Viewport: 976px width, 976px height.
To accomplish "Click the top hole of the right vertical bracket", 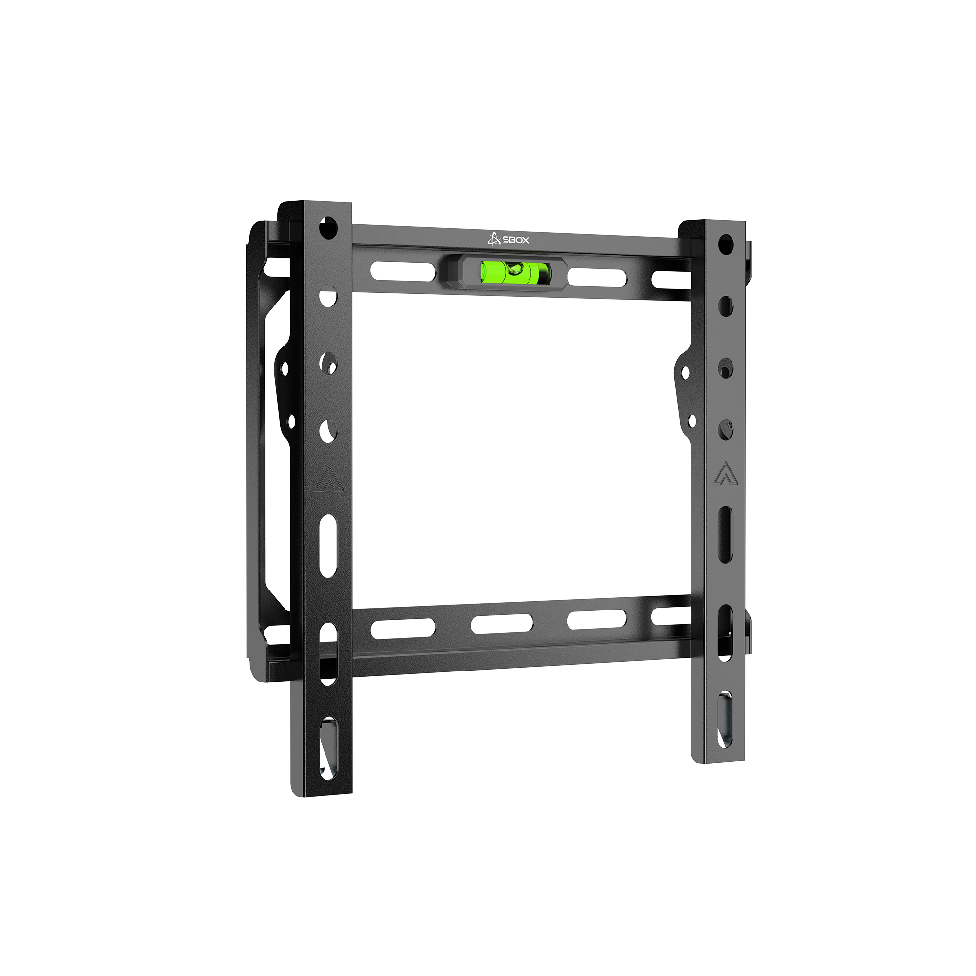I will point(726,245).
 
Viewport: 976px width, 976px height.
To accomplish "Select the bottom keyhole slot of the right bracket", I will point(725,717).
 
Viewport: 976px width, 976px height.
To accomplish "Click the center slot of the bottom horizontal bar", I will point(502,625).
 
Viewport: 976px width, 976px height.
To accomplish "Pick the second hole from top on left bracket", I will point(328,297).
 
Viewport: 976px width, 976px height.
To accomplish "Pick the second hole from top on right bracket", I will point(726,305).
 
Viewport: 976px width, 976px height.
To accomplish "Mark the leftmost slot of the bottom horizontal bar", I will point(403,628).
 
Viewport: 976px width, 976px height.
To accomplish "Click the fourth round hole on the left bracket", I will point(328,431).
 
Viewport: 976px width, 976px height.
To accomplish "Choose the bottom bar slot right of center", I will point(597,620).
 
